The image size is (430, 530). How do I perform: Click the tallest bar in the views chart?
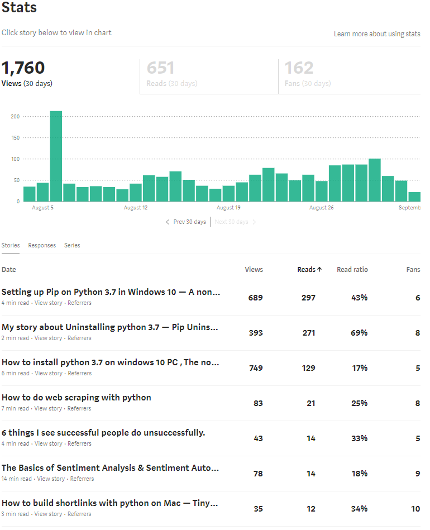point(56,156)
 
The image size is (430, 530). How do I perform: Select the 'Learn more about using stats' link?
point(377,34)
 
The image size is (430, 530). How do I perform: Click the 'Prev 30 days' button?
point(186,222)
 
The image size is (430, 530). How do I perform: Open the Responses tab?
point(42,246)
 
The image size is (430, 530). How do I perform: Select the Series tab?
point(72,246)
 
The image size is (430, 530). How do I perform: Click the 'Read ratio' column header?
point(352,270)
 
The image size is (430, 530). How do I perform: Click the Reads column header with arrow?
point(309,270)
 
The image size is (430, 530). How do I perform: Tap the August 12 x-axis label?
point(136,208)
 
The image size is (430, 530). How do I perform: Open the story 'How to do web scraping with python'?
point(76,398)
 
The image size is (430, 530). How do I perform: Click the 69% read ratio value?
point(359,333)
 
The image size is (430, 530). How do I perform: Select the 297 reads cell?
point(308,298)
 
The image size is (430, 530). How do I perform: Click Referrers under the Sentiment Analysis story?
point(82,479)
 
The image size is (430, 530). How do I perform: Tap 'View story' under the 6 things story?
point(49,444)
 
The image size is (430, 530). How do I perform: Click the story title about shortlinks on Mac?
point(109,503)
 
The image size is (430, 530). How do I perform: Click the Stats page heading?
point(19,8)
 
